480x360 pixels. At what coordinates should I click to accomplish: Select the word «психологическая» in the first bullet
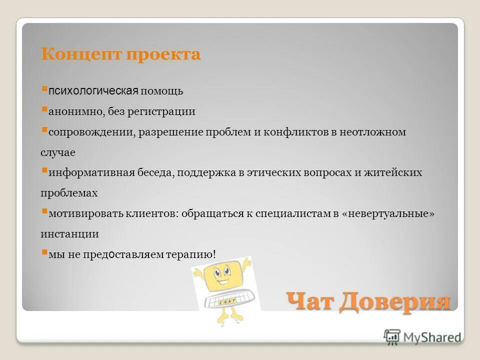(x=93, y=91)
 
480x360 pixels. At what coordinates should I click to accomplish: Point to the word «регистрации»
(x=166, y=111)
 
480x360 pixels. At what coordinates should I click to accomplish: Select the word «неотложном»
(x=373, y=132)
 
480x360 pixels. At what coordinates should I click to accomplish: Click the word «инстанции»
(x=69, y=233)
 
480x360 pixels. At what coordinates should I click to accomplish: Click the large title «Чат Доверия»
(x=368, y=301)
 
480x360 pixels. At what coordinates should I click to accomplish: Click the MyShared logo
(x=422, y=337)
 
